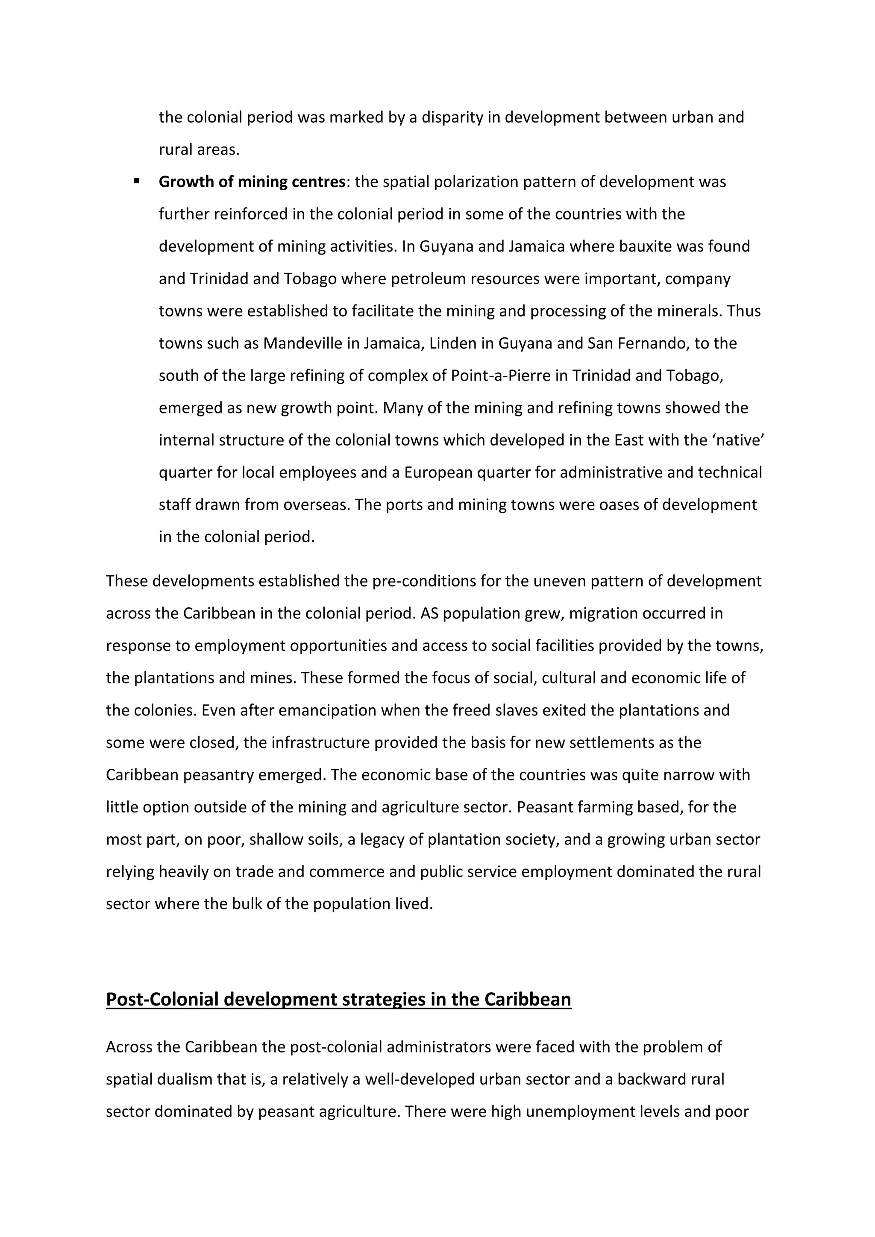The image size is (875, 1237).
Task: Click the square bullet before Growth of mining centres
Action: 136,181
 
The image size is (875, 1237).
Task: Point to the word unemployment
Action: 579,1111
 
